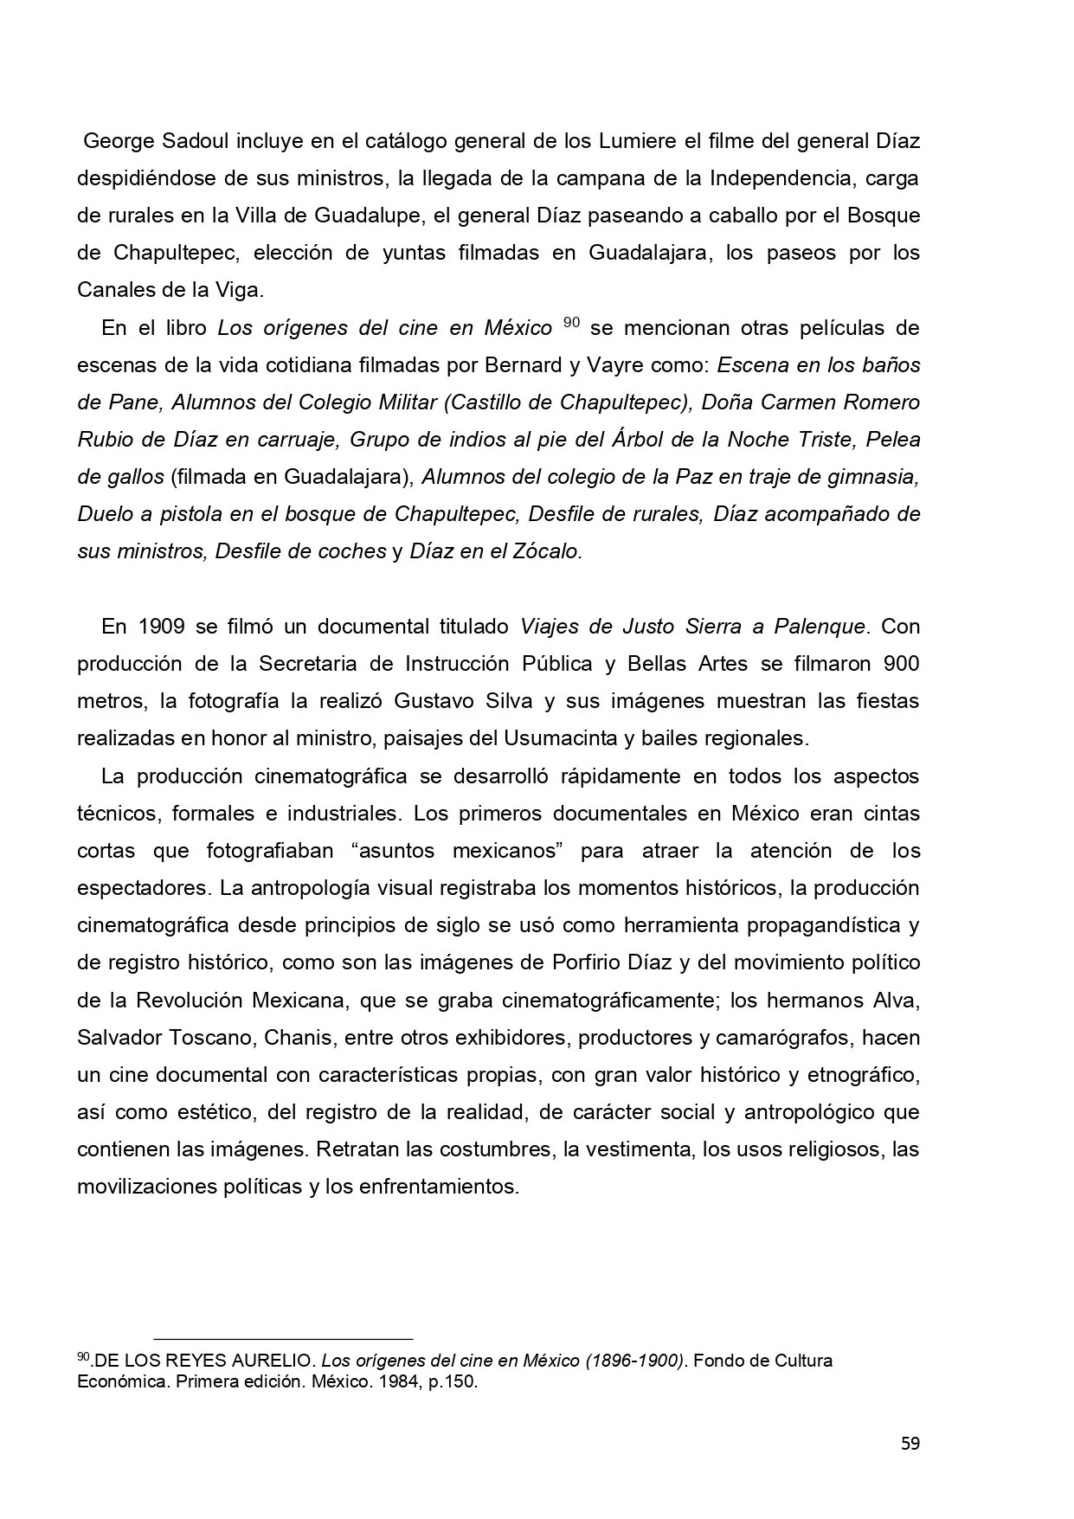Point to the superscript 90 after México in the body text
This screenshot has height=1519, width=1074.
571,323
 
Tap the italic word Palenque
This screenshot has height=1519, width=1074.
818,626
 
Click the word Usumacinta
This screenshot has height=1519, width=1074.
555,738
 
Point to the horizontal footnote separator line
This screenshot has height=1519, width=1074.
283,1339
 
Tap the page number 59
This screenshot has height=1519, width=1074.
910,1444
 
